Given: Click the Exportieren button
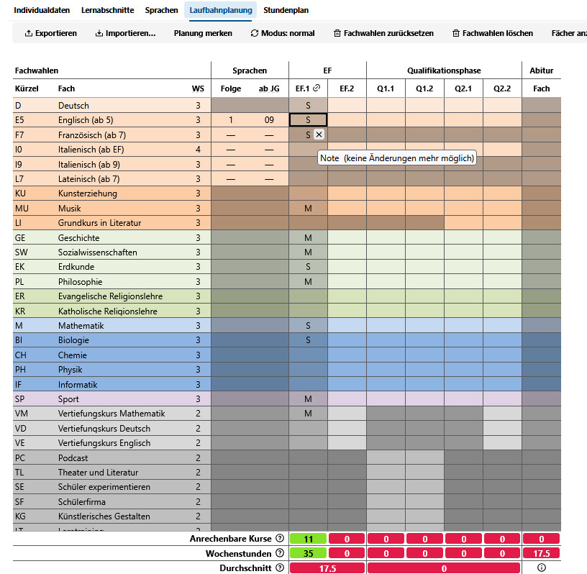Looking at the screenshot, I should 50,33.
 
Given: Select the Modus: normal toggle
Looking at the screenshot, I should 283,33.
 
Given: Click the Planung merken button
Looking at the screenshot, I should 203,33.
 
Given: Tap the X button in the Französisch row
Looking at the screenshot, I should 319,135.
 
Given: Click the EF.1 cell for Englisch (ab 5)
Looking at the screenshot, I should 308,120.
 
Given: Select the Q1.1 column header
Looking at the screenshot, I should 386,88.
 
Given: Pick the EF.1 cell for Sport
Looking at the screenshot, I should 308,399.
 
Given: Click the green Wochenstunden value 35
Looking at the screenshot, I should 308,553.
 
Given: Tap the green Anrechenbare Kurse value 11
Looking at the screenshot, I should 308,539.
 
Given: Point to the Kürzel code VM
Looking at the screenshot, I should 21,414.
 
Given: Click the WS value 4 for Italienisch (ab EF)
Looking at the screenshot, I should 198,150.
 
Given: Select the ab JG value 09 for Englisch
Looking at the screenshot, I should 269,120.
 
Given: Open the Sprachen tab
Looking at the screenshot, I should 161,11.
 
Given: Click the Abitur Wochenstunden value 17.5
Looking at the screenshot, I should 541,553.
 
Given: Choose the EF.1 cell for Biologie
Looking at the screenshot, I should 308,340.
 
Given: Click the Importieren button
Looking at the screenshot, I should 125,33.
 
